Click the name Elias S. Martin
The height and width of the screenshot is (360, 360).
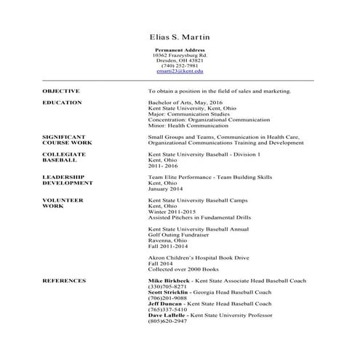click(x=180, y=36)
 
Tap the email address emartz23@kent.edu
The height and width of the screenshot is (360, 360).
click(x=180, y=71)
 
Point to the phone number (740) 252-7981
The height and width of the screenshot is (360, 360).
click(x=180, y=65)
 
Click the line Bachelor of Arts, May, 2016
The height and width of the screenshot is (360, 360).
click(x=185, y=103)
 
